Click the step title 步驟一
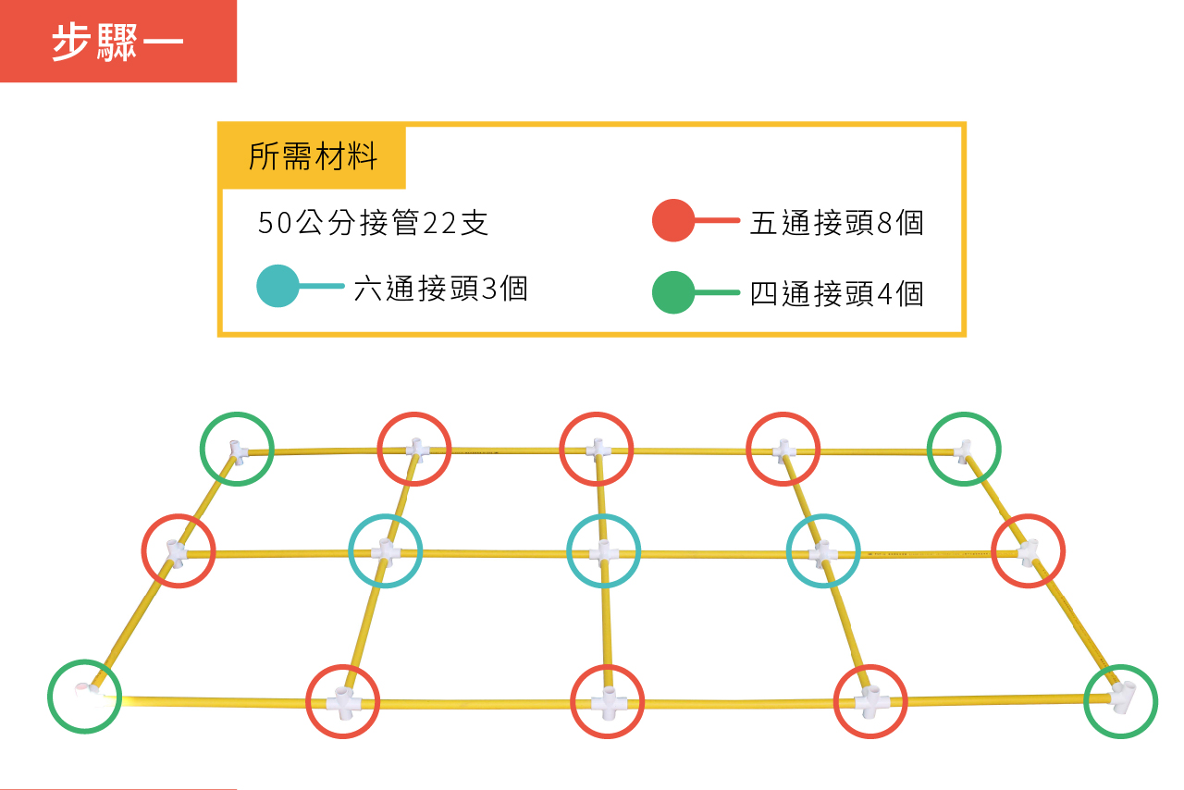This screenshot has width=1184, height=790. (x=117, y=42)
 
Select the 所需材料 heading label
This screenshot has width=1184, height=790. (x=313, y=156)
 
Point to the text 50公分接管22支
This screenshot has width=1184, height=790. (x=373, y=222)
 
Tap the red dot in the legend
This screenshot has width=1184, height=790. (x=672, y=220)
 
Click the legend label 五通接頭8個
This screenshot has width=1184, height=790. (x=837, y=223)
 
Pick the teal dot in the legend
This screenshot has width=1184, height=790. (x=277, y=286)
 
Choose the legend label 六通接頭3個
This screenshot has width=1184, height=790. (x=441, y=289)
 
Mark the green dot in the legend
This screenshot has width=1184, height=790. (x=672, y=292)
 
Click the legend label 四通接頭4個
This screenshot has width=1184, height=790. (x=837, y=294)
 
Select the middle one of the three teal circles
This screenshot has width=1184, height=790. (x=604, y=551)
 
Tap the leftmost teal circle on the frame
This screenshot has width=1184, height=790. (x=386, y=551)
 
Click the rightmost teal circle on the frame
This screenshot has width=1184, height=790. (x=823, y=551)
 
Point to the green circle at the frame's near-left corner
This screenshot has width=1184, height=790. (x=84, y=697)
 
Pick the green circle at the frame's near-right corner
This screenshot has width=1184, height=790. (x=1120, y=702)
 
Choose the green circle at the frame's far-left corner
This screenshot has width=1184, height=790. (x=237, y=449)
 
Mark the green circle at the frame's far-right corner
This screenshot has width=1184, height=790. (x=964, y=449)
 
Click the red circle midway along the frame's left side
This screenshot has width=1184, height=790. (x=179, y=551)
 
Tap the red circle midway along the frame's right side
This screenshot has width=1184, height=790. (x=1028, y=551)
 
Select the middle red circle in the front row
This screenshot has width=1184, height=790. (x=608, y=702)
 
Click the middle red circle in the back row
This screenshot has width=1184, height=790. (x=597, y=449)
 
